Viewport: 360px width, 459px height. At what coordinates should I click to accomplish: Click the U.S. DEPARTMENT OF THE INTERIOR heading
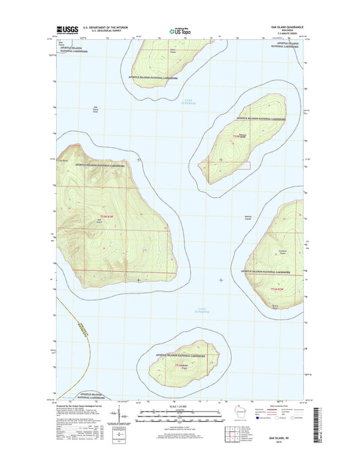point(106,28)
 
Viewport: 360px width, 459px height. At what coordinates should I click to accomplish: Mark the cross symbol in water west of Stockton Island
point(221,280)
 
